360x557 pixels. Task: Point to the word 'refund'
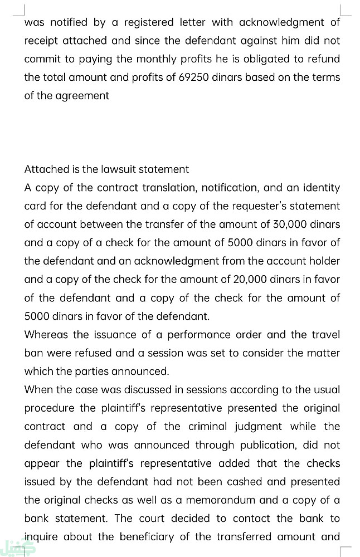(323, 58)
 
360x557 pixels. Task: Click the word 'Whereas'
(46, 334)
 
